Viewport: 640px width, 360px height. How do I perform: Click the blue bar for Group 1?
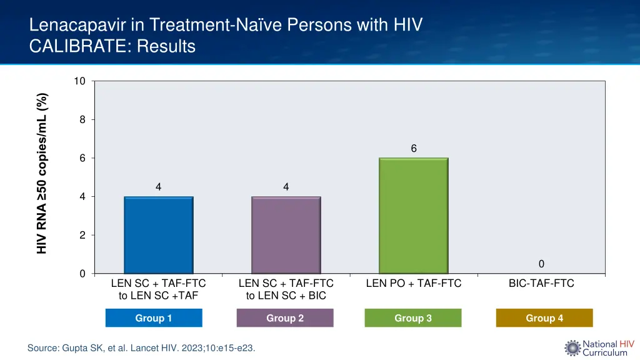[158, 235]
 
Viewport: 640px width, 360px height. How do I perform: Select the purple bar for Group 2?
[286, 235]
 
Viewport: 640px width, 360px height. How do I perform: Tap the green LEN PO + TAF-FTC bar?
[413, 216]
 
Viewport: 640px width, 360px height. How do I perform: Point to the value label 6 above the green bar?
[414, 148]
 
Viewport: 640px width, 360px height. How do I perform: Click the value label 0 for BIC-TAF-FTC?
[541, 264]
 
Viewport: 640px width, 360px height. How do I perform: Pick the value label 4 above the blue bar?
[158, 187]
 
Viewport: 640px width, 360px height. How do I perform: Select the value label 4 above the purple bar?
[286, 187]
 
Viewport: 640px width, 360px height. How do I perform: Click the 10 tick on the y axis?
[79, 81]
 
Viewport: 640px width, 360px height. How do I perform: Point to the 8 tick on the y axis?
[82, 120]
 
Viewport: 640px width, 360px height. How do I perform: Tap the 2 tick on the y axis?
[82, 236]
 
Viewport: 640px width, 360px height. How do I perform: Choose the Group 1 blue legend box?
[154, 318]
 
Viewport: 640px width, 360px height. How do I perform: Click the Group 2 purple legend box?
[285, 318]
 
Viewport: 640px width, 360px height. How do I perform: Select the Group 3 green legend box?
[413, 318]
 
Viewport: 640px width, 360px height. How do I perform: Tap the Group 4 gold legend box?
[544, 318]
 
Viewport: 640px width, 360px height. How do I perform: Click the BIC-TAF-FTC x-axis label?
[541, 284]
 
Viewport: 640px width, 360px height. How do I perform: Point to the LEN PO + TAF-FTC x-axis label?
[414, 284]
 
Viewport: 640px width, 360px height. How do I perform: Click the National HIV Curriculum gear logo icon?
[572, 348]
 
